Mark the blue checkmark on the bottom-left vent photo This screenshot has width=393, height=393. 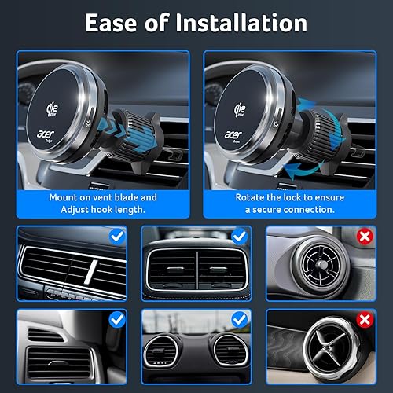coord(116,318)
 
